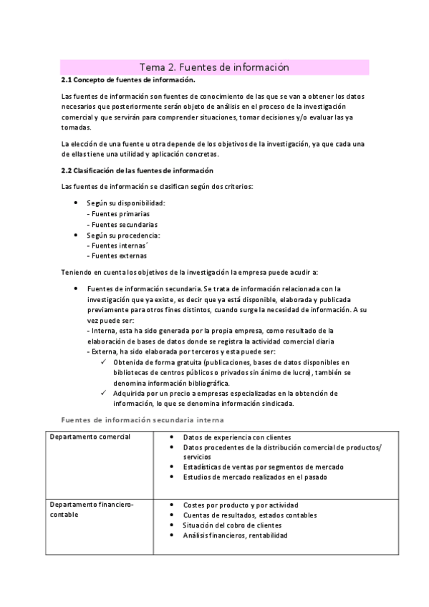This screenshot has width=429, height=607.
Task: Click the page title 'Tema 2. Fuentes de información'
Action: pos(213,67)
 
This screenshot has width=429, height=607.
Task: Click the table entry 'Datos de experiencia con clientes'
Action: pos(237,437)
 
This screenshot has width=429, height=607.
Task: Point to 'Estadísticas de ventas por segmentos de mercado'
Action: pos(263,467)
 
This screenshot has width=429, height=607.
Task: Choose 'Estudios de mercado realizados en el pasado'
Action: pos(255,477)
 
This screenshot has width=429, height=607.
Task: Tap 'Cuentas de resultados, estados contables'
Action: pos(250,515)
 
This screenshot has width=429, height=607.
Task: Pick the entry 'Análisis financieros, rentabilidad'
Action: pos(235,535)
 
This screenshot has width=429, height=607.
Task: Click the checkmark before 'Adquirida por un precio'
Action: pos(105,393)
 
